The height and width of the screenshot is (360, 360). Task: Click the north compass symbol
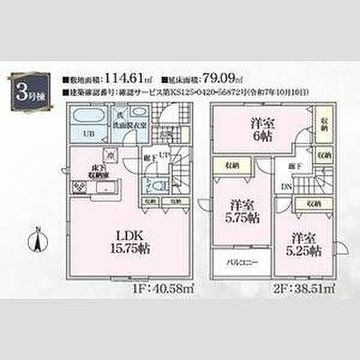38,239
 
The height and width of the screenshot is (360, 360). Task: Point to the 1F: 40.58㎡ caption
168,289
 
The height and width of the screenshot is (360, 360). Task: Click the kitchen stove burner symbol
79,187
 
